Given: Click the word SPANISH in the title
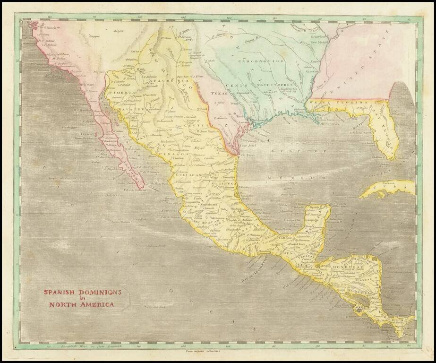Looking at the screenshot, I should (x=60, y=292).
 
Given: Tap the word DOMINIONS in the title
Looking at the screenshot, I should (x=99, y=292).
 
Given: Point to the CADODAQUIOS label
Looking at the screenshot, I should (x=260, y=61).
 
